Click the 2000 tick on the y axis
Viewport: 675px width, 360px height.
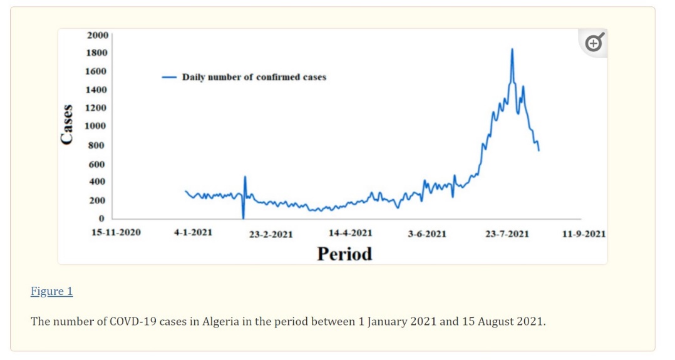98,34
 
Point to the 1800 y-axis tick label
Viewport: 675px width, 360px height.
98,53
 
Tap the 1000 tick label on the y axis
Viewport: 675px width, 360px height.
98,126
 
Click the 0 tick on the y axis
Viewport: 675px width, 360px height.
101,219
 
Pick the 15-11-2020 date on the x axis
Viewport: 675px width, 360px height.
116,232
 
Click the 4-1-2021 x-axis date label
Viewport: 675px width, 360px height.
193,232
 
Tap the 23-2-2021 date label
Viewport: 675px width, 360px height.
271,234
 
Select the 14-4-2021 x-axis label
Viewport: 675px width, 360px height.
350,233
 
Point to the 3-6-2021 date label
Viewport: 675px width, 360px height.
427,234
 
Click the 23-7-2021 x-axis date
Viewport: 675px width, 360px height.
507,234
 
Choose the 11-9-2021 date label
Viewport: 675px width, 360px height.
584,234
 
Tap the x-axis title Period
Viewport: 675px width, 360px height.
344,254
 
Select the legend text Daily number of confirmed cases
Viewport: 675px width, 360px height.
254,78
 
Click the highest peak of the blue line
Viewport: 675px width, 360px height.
512,49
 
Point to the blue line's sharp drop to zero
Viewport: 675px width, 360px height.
243,217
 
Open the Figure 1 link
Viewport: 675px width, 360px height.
52,291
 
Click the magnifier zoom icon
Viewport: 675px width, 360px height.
594,43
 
